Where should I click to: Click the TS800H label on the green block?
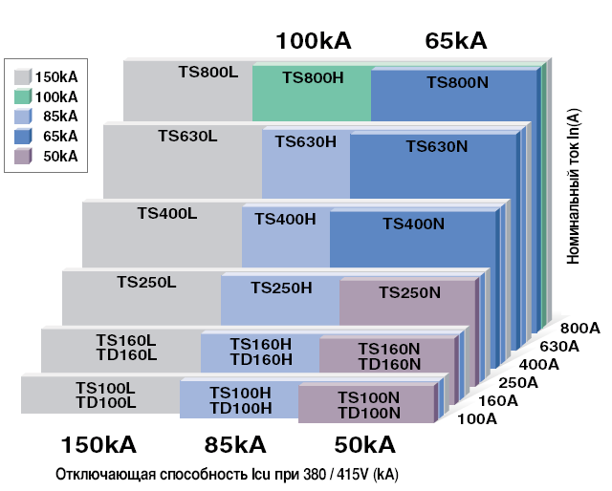313,77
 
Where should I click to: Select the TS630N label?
437,147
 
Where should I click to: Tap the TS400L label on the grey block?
167,213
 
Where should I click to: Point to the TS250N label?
410,292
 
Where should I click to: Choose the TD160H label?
261,359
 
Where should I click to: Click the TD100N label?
369,413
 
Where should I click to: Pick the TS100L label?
105,388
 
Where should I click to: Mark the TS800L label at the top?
208,73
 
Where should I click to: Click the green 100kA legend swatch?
23,96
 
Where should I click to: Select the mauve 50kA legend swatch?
23,156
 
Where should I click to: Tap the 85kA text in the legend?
60,117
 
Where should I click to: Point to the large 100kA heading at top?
314,40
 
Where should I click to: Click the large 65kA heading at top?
456,40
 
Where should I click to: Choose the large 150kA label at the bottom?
98,444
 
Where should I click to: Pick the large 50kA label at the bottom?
365,444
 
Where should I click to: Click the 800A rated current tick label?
580,329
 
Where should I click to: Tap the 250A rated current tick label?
518,383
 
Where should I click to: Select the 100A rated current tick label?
477,418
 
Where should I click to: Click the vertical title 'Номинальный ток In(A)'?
573,186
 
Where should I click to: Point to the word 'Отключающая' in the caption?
106,475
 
